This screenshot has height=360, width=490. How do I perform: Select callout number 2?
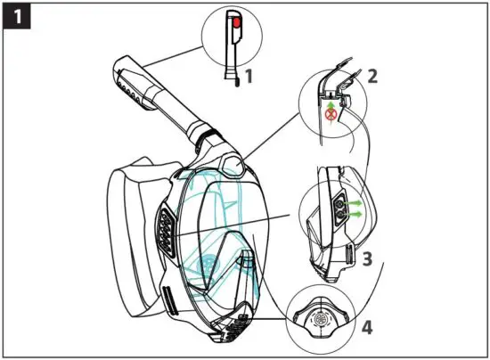click(372, 75)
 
